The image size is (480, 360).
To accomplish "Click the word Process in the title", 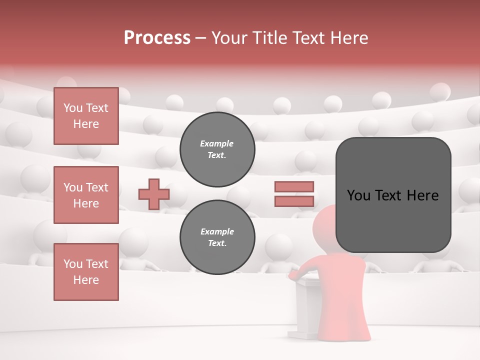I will click(x=157, y=38).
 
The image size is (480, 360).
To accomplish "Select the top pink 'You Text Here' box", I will click(x=86, y=116).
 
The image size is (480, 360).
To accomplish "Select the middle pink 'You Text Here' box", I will click(x=86, y=195).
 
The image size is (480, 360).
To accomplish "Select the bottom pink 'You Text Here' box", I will click(x=86, y=272).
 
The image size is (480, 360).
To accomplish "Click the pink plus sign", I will click(x=154, y=194).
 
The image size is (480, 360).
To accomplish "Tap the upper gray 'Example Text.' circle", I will click(x=217, y=149).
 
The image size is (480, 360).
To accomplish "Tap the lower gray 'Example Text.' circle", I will click(x=217, y=237).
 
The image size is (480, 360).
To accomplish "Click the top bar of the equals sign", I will click(x=294, y=187).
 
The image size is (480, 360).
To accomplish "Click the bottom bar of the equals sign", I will click(x=294, y=201).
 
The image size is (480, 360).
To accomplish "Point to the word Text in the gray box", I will click(x=393, y=195).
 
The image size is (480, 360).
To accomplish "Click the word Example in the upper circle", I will click(x=217, y=143).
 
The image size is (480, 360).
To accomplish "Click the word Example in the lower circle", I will click(x=217, y=231).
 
